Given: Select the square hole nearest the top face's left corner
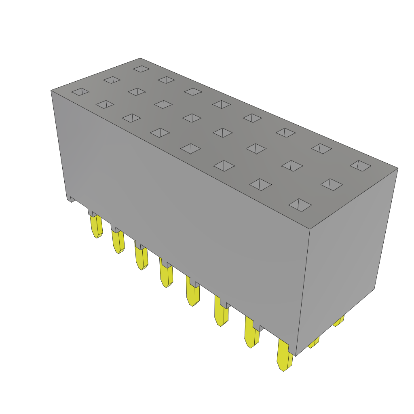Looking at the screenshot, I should pos(80,92).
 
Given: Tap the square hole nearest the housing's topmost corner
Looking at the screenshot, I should pos(141,69).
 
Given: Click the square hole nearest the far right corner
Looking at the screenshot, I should pos(360,165).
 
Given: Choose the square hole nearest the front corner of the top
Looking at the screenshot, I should pos(300,205).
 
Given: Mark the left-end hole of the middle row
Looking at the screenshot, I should pos(112,80).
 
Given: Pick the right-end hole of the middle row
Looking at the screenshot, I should pos(332,184).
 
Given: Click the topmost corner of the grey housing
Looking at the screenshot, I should pos(140,59).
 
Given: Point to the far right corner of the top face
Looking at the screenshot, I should pos(397,169).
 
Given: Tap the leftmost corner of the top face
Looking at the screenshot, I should pos(51,91).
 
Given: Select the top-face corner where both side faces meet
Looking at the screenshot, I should pos(310,229).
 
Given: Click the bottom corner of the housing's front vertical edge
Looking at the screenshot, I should pos(296,356).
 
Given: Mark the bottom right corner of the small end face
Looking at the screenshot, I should pos(374,288).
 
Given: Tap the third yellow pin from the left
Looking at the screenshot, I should pos(142,258).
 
